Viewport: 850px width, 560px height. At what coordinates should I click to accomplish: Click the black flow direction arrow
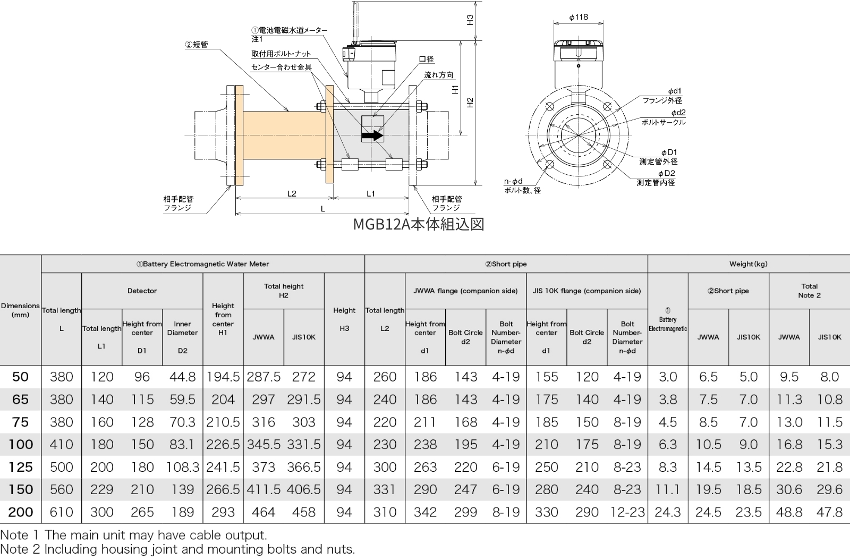point(372,135)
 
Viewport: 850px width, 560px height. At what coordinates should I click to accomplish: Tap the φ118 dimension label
point(579,17)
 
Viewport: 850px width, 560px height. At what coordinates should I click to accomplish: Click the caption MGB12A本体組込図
point(419,224)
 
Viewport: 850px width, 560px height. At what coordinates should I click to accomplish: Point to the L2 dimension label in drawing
point(292,193)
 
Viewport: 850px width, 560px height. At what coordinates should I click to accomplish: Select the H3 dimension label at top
point(470,20)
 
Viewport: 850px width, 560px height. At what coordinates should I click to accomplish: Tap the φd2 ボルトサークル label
point(664,117)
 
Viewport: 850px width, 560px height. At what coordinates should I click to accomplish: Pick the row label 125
point(21,467)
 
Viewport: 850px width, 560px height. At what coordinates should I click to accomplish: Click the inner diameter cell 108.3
point(182,467)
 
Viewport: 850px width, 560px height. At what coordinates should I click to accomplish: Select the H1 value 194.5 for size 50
point(223,377)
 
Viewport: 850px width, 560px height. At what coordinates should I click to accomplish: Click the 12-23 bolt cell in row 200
point(627,512)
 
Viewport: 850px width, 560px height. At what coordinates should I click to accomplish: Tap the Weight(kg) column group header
point(748,264)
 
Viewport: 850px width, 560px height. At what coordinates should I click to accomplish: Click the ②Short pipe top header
point(506,264)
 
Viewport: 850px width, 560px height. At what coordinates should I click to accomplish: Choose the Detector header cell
point(142,291)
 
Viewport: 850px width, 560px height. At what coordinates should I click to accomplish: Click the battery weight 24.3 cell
point(668,512)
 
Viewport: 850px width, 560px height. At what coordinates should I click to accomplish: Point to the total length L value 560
point(61,489)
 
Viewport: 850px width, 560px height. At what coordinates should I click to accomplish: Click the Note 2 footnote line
point(177,549)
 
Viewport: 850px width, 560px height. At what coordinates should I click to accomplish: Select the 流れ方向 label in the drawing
point(439,75)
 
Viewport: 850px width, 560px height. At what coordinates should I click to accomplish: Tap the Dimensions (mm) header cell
point(20,310)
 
